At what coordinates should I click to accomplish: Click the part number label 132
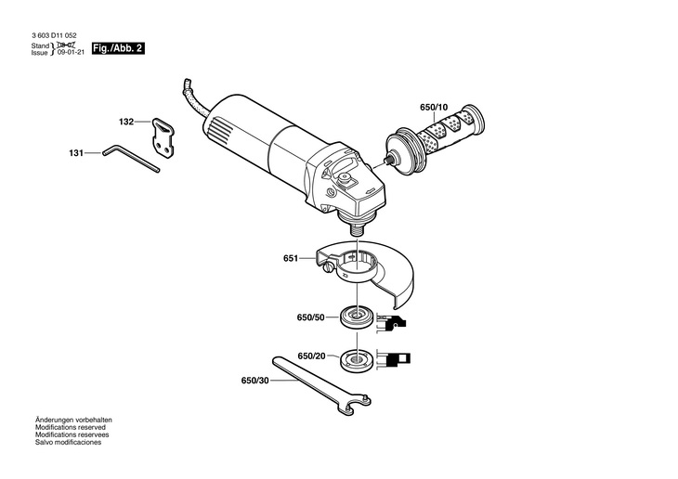[126, 122]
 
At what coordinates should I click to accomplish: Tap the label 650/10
[434, 108]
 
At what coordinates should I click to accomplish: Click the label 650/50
[311, 317]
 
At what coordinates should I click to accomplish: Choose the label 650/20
[311, 356]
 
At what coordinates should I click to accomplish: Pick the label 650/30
[254, 380]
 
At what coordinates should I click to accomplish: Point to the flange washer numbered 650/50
[356, 317]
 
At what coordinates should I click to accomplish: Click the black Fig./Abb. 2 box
[119, 47]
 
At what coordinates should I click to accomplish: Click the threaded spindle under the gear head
[357, 225]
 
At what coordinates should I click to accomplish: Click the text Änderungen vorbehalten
[73, 420]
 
